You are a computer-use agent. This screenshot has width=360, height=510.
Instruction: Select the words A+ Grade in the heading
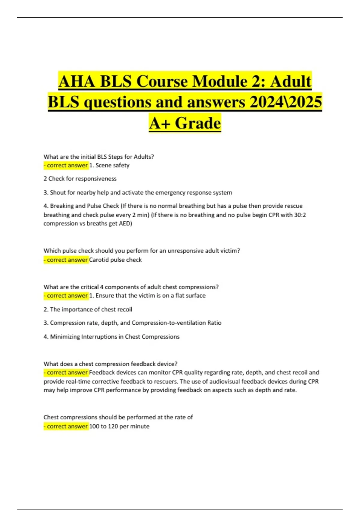185,123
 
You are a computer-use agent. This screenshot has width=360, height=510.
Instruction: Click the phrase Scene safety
112,165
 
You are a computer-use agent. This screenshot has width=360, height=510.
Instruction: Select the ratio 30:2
300,215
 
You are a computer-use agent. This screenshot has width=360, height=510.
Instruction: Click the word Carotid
99,260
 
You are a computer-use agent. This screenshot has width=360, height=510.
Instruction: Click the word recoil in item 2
124,309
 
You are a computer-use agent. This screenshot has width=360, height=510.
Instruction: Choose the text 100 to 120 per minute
119,426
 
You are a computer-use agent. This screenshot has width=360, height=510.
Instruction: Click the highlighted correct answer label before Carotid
66,260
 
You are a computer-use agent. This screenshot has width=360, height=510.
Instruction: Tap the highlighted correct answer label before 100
66,426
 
